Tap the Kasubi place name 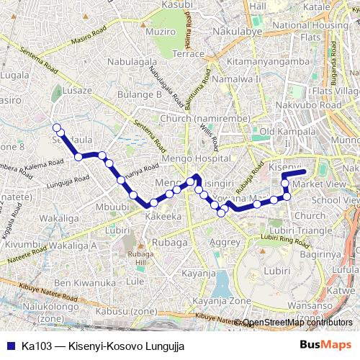click(x=177, y=4)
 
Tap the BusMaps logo click(x=326, y=346)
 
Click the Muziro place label click(x=160, y=32)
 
